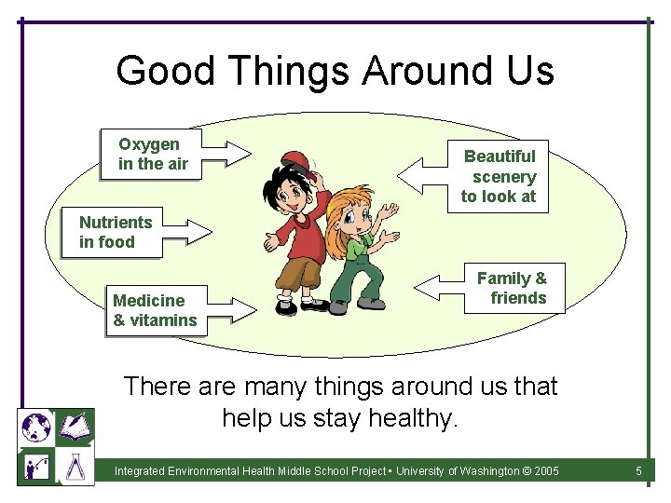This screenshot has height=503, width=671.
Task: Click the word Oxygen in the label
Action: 149,144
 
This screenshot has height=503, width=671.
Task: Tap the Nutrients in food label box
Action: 116,232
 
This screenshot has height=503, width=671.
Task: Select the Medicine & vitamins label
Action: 155,310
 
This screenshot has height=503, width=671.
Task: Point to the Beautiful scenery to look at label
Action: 500,176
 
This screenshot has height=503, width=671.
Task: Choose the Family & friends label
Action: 514,288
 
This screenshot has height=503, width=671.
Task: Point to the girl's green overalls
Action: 355,271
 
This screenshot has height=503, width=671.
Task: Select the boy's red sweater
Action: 303,234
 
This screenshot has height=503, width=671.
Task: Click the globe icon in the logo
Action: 35,428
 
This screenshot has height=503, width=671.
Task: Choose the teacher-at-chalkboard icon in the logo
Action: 35,465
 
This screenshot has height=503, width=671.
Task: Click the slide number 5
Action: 638,471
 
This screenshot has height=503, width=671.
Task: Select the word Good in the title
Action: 163,71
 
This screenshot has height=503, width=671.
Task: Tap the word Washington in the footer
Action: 486,471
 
